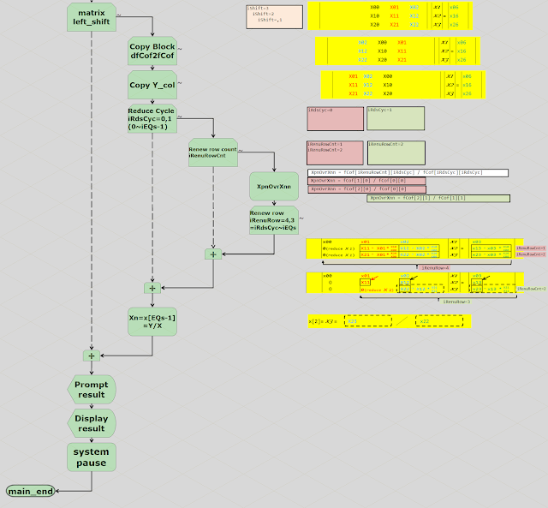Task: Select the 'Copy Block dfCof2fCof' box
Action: click(x=152, y=51)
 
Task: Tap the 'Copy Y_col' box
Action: click(x=152, y=86)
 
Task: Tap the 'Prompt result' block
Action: click(x=91, y=389)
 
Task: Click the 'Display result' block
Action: click(x=91, y=422)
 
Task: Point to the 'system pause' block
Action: click(x=91, y=457)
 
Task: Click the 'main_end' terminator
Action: click(x=32, y=491)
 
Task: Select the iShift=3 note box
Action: click(x=274, y=16)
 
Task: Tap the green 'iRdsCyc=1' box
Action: click(x=394, y=119)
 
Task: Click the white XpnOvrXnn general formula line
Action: click(x=408, y=172)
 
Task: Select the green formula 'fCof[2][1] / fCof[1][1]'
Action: click(x=438, y=198)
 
